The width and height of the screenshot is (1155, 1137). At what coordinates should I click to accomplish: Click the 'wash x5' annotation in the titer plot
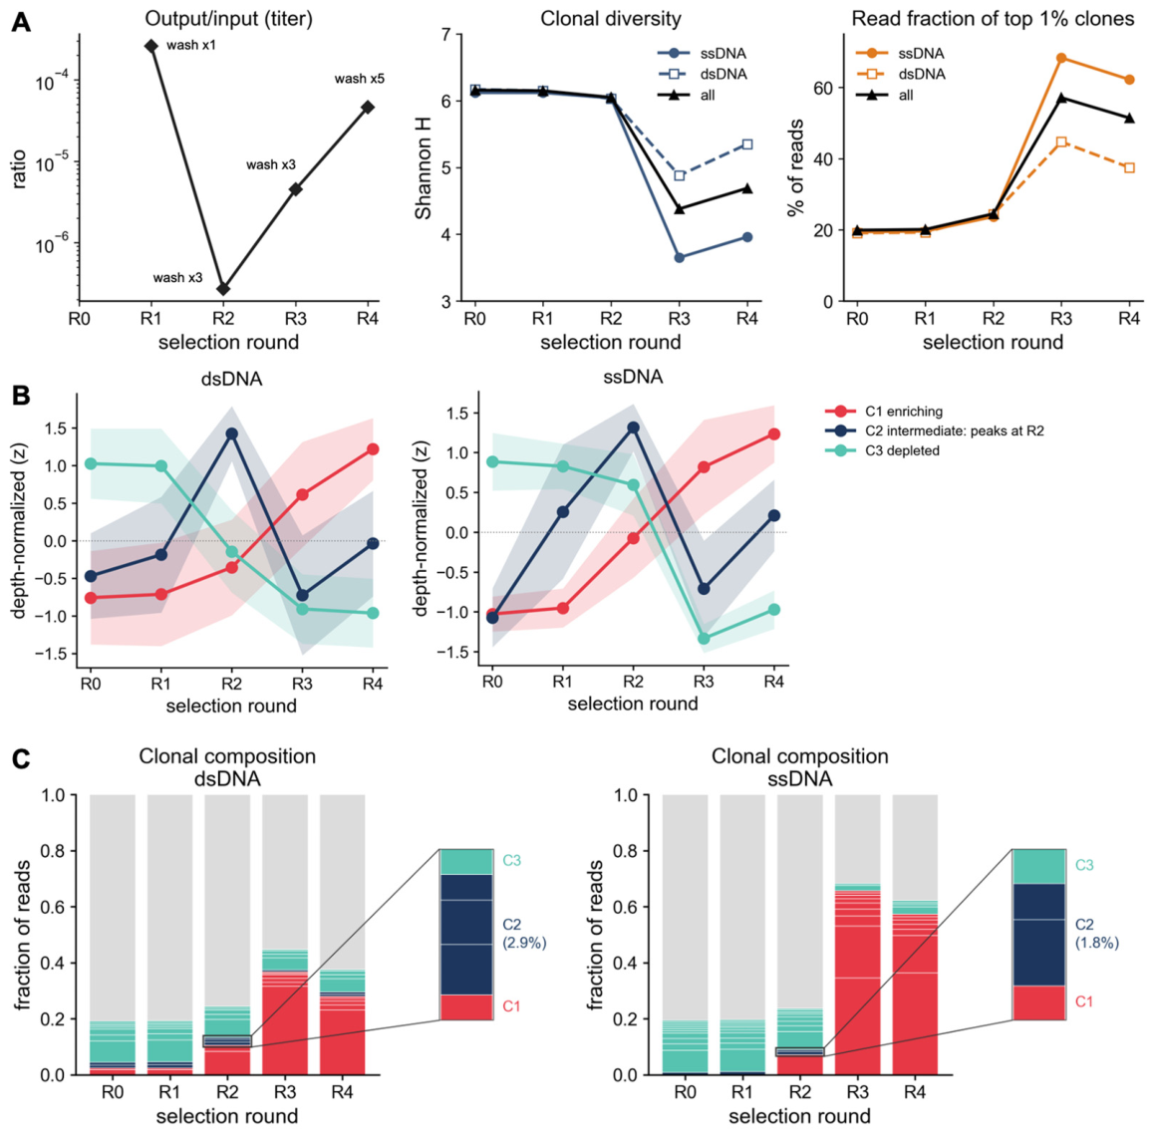pyautogui.click(x=360, y=79)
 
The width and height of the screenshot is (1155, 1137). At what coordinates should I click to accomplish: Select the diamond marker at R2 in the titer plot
pyautogui.click(x=223, y=289)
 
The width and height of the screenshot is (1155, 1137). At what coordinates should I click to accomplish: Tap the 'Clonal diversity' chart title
pyautogui.click(x=611, y=18)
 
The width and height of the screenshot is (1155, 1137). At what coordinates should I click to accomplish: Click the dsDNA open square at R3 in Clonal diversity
pyautogui.click(x=680, y=176)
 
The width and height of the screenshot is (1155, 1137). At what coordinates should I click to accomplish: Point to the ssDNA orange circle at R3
pyautogui.click(x=1061, y=58)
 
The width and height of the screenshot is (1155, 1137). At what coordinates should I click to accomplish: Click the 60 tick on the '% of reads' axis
pyautogui.click(x=823, y=89)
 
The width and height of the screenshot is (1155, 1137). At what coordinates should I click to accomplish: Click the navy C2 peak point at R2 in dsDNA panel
pyautogui.click(x=232, y=433)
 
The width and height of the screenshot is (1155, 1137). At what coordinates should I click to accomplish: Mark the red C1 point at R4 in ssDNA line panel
pyautogui.click(x=773, y=434)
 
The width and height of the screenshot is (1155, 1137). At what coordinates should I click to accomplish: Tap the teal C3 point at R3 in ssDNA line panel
pyautogui.click(x=704, y=639)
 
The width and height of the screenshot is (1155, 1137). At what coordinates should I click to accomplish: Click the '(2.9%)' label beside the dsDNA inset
pyautogui.click(x=524, y=942)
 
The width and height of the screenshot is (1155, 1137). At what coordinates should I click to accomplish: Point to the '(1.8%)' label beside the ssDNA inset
pyautogui.click(x=1097, y=943)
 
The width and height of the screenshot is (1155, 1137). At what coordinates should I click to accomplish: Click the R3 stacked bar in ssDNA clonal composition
pyautogui.click(x=857, y=935)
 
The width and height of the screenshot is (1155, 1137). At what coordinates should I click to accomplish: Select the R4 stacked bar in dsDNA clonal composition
pyautogui.click(x=342, y=935)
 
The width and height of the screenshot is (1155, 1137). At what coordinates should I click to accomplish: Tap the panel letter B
pyautogui.click(x=21, y=396)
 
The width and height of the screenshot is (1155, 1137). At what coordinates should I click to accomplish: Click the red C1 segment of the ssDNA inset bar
pyautogui.click(x=1038, y=1002)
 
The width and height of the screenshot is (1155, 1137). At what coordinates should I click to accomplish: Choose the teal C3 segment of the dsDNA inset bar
pyautogui.click(x=466, y=862)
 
